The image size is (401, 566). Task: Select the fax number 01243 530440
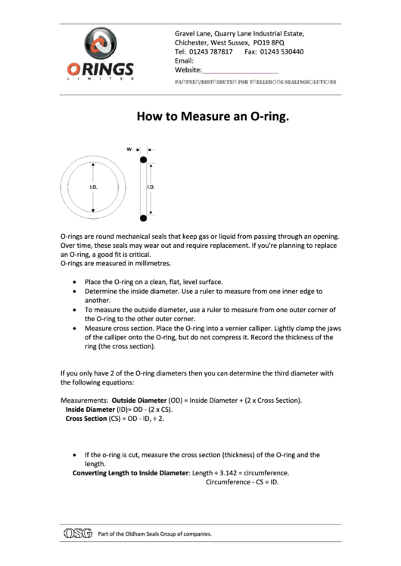pos(282,51)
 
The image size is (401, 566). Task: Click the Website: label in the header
pos(188,70)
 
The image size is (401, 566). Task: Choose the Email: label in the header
pos(185,60)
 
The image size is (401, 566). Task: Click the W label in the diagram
pos(129,149)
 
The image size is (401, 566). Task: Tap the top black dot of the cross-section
pos(142,159)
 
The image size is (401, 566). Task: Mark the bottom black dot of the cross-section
pos(142,218)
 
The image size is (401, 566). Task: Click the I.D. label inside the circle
pos(94,186)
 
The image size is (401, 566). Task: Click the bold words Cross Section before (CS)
pos(86,417)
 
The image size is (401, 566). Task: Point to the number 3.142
pos(231,472)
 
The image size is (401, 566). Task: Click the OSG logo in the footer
pos(78,534)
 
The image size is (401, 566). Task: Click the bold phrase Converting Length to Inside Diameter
pos(129,472)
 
